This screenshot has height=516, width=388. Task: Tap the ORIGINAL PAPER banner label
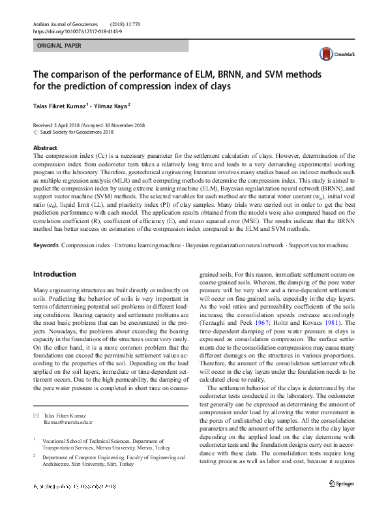[x=59, y=46]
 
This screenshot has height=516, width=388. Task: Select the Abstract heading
[x=45, y=149]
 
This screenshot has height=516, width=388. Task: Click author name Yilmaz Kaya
[x=111, y=105]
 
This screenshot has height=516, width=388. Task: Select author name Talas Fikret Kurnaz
[x=59, y=105]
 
